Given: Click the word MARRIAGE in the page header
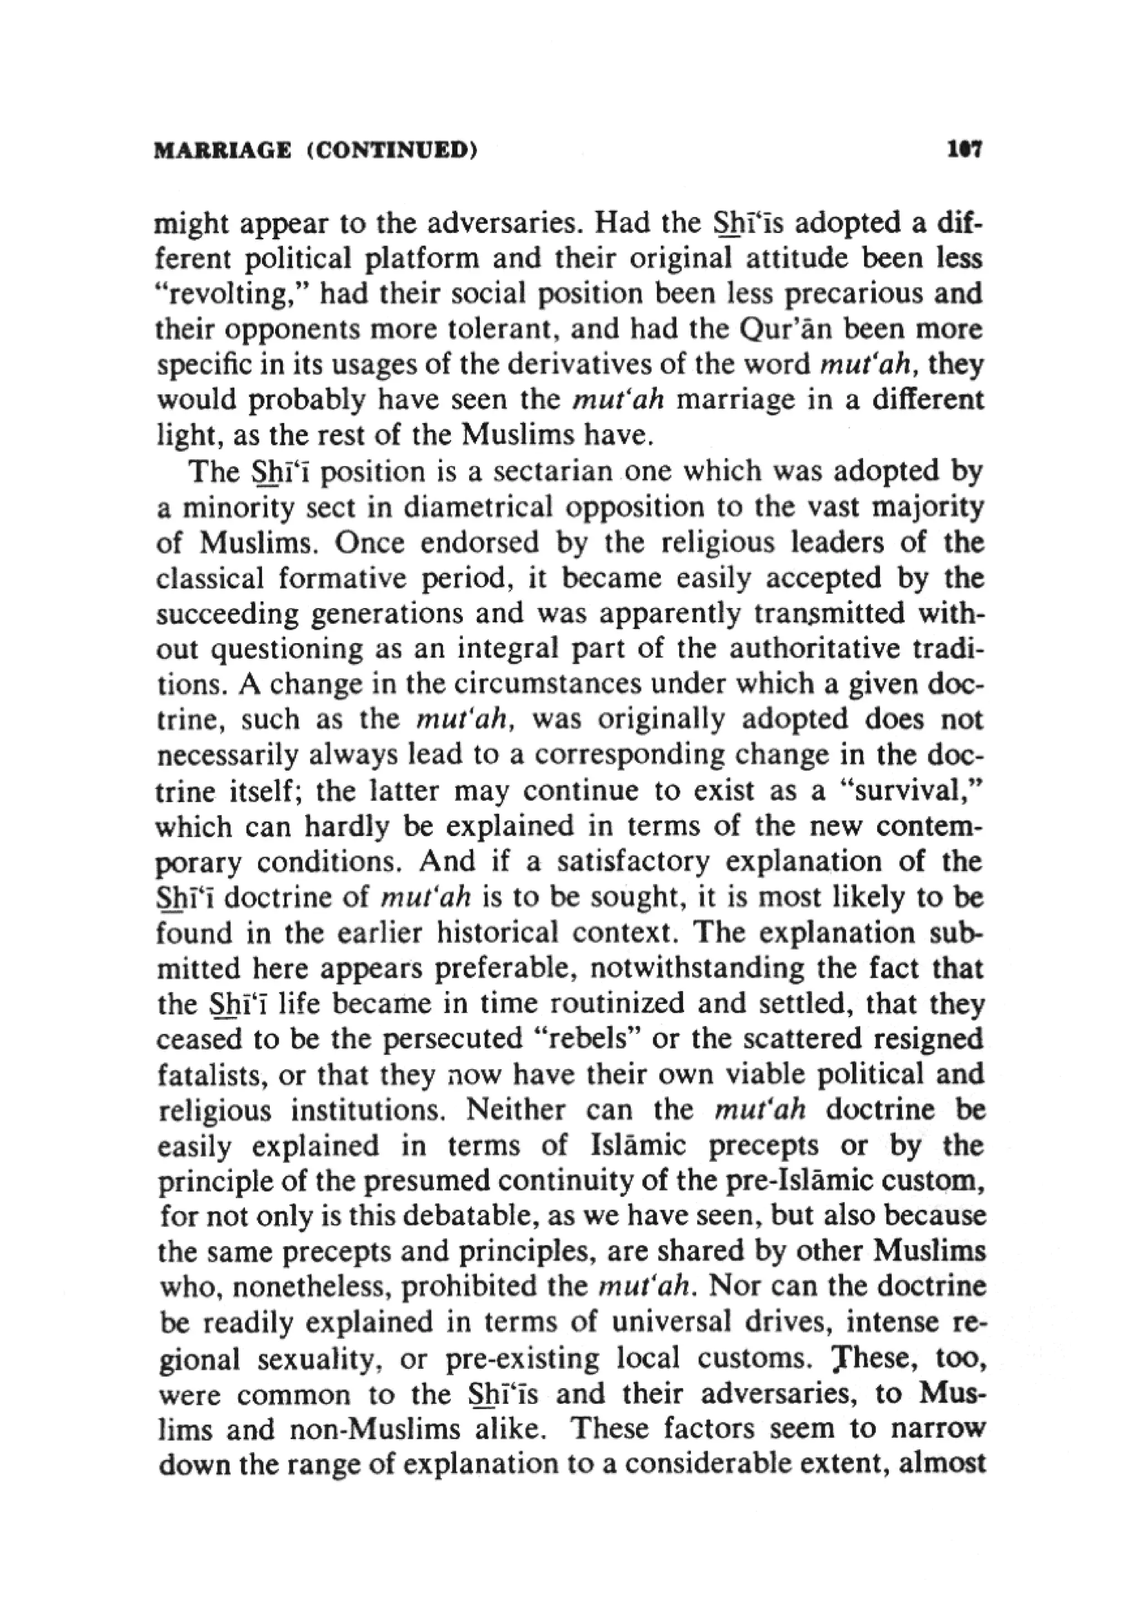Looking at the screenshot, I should coord(221,150).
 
